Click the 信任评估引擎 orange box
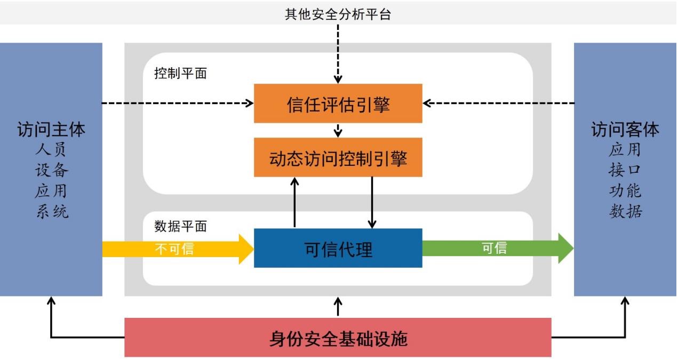(338, 103)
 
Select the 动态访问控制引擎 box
(338, 158)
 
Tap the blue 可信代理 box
(338, 249)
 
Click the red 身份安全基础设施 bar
(338, 338)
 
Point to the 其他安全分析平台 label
(338, 14)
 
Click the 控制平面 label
(180, 74)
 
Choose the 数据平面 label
(180, 226)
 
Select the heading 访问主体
(51, 130)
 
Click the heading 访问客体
(625, 130)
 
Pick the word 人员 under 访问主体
(51, 150)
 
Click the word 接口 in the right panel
(625, 170)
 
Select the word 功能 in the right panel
(625, 191)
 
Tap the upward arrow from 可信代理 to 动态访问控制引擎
(294, 203)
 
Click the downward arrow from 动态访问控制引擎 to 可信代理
(372, 203)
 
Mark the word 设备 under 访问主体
(51, 170)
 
